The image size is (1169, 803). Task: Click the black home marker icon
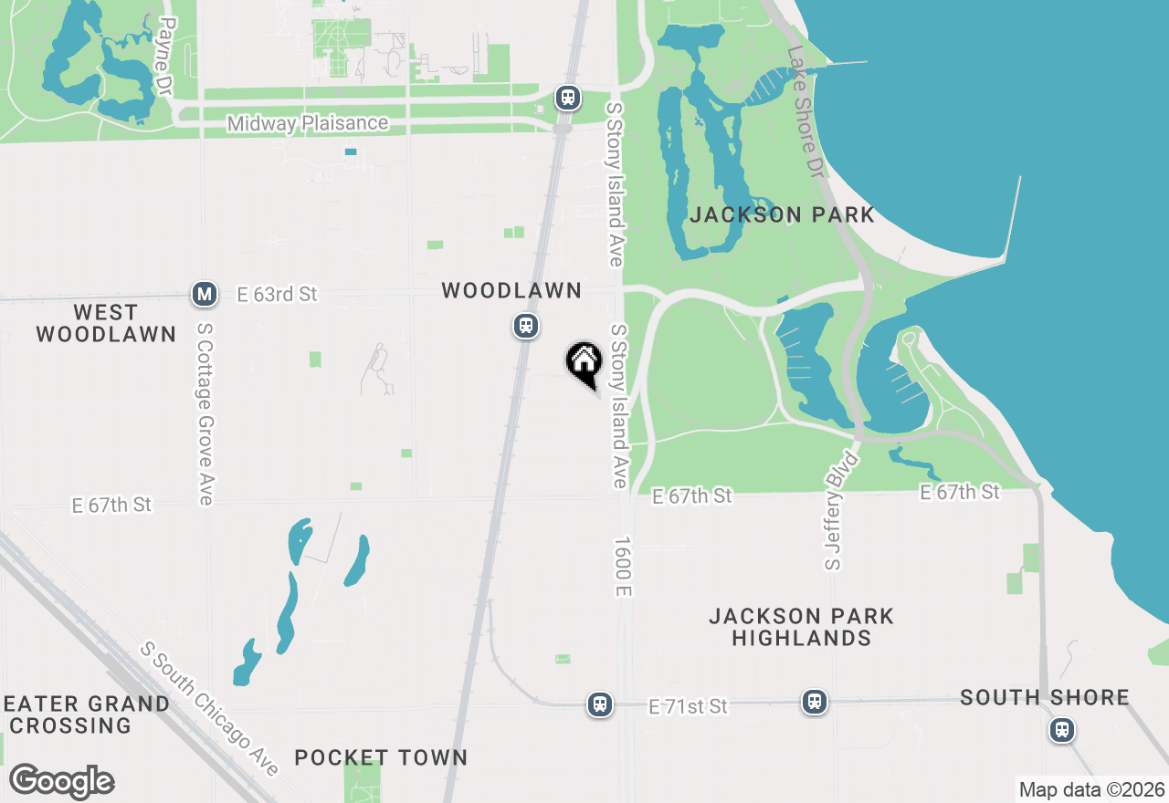coord(584,362)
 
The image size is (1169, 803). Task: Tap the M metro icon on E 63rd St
coord(205,294)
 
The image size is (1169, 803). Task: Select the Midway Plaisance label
coord(308,123)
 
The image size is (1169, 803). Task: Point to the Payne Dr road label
coord(165,56)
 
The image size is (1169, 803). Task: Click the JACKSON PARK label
coord(783,215)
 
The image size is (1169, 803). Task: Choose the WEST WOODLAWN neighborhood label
coord(106,324)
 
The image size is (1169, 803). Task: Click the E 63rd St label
coord(277,294)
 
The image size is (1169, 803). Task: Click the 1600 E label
coord(623,567)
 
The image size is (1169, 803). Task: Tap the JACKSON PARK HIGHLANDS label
coord(801,627)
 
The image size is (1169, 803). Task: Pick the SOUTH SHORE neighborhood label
coord(1045,698)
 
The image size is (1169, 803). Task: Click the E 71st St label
coord(689,706)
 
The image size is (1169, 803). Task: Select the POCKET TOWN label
coord(381,757)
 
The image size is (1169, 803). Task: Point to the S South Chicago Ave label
coord(209,709)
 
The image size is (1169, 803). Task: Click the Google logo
coord(61,781)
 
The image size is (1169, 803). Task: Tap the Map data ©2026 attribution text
coord(1091,789)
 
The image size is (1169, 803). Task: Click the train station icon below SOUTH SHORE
coord(1061,730)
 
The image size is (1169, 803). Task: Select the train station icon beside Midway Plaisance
coord(568,97)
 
